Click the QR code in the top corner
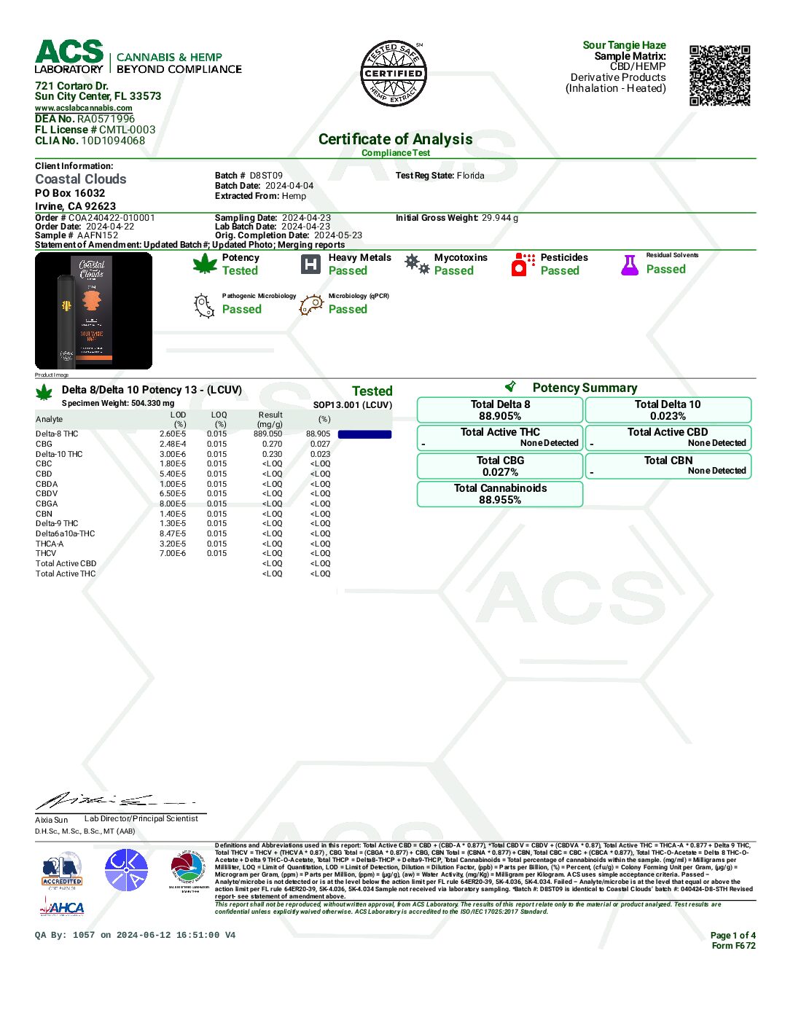(719, 76)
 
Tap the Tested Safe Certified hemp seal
(394, 73)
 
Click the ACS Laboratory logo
(70, 57)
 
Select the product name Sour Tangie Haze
(624, 45)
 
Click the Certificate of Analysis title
(395, 139)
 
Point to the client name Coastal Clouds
(81, 179)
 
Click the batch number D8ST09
(266, 176)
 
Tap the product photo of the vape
(93, 310)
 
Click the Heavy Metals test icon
(310, 264)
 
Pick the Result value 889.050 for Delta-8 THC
(267, 434)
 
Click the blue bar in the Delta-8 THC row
(364, 434)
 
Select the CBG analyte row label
(44, 444)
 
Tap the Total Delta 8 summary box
(500, 410)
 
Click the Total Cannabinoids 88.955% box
(500, 493)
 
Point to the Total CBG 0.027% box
(500, 466)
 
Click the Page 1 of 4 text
(733, 935)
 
